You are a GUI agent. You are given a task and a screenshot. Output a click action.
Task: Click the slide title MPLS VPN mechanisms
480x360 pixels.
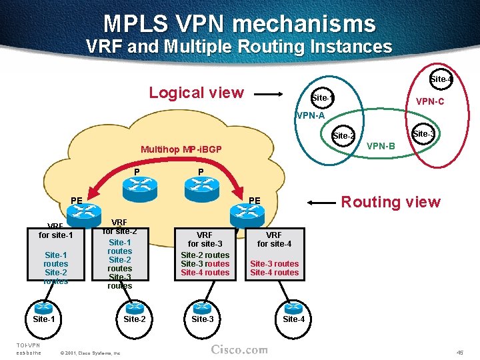[x=239, y=24]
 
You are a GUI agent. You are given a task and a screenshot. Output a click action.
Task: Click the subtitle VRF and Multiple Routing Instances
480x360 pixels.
[x=239, y=47]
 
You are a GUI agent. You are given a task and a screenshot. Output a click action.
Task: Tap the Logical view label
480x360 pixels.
[x=196, y=93]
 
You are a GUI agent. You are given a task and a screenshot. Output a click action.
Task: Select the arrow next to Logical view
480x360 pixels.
[x=272, y=94]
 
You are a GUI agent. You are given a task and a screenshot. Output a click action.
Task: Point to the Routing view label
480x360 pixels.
[x=391, y=202]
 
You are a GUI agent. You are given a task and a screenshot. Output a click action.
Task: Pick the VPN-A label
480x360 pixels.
[x=311, y=115]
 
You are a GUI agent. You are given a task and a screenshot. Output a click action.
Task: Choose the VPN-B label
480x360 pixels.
[x=381, y=145]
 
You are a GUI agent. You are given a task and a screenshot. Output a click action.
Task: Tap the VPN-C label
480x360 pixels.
[x=430, y=102]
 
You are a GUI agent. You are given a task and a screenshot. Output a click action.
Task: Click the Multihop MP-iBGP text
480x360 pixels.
[x=181, y=149]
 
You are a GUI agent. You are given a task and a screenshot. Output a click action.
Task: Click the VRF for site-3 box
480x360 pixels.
[x=205, y=253]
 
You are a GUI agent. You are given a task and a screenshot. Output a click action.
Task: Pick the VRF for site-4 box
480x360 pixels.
[x=274, y=253]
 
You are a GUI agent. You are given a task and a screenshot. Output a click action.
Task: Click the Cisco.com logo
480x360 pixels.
[x=239, y=350]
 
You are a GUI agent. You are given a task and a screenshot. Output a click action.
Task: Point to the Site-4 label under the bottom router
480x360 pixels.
[x=293, y=319]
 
